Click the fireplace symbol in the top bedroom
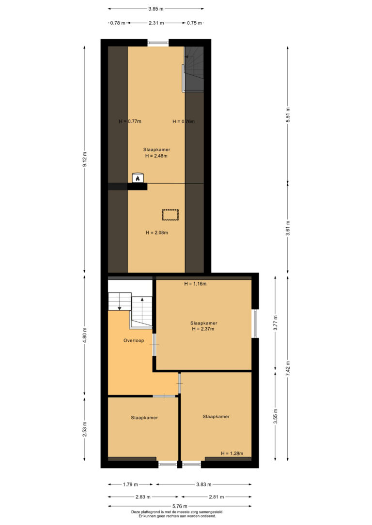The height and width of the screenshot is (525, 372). (x=138, y=178)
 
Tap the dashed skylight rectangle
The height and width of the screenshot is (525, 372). (x=170, y=215)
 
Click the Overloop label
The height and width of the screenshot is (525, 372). (x=134, y=340)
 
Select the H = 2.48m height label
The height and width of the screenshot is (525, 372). (x=156, y=156)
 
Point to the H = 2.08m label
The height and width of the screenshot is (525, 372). (x=157, y=233)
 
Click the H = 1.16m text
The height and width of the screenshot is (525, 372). (x=195, y=284)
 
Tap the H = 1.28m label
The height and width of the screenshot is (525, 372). (x=232, y=453)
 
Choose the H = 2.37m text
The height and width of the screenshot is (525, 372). (x=203, y=329)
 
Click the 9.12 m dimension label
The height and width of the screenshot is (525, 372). (x=85, y=160)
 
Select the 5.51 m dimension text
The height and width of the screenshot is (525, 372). (x=288, y=115)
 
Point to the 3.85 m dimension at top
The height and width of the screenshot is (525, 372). (x=156, y=9)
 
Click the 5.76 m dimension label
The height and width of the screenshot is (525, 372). (x=180, y=506)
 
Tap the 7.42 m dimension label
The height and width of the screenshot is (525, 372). (x=288, y=368)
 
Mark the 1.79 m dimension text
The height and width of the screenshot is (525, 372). (x=130, y=484)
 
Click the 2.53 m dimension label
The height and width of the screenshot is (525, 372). (x=85, y=429)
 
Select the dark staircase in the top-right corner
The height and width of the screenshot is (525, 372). (x=194, y=69)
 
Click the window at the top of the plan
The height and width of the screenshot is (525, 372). (x=158, y=43)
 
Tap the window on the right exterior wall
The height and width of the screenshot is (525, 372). (x=255, y=323)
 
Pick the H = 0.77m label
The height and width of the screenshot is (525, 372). (x=130, y=121)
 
